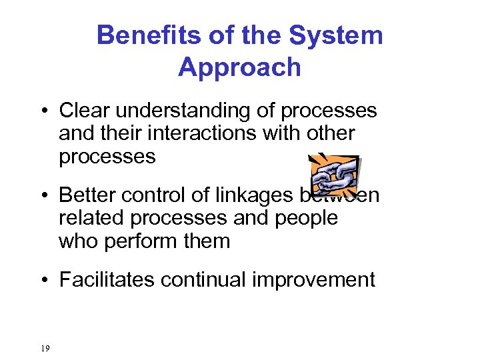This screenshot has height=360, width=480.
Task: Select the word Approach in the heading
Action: click(239, 67)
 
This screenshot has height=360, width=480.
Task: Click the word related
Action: click(90, 218)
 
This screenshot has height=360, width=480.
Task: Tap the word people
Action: click(304, 218)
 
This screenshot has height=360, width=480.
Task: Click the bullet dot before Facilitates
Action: click(43, 280)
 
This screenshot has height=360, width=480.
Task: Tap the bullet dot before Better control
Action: click(43, 196)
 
